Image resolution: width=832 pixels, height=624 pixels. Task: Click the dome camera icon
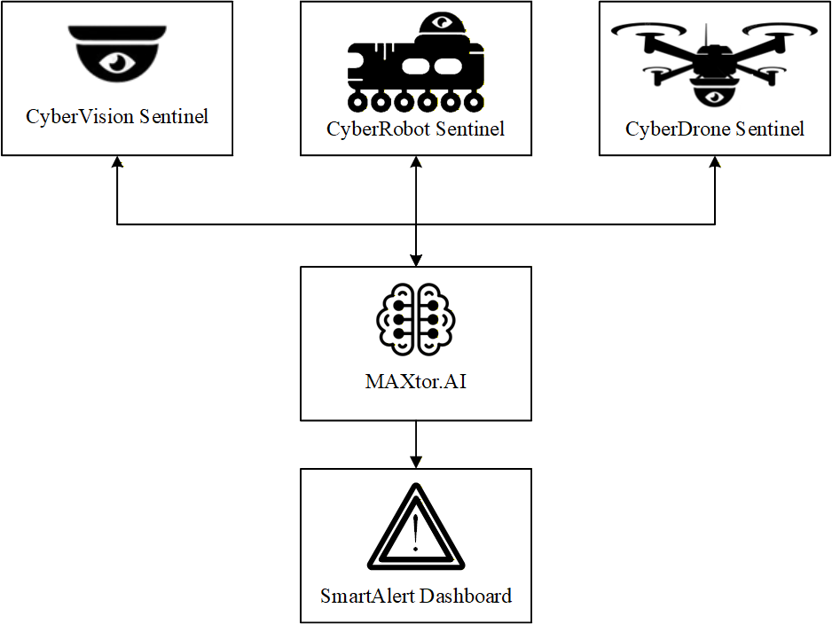[x=117, y=55]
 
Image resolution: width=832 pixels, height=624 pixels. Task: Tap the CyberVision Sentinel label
[x=117, y=116]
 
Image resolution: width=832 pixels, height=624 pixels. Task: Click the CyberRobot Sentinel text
[x=416, y=129]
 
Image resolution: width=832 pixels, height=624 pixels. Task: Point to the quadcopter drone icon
[x=715, y=60]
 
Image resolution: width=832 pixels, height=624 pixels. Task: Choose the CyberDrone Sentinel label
[x=715, y=129]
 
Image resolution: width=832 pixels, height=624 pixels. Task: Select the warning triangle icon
[x=416, y=529]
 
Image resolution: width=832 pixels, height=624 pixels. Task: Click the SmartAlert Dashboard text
[x=416, y=596]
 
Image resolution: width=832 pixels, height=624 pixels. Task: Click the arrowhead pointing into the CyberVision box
[x=117, y=164]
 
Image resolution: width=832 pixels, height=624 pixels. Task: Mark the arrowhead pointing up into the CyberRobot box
[x=416, y=164]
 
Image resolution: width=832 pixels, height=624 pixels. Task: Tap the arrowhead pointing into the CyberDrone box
[x=715, y=164]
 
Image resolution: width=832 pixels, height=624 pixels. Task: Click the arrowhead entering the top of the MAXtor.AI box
[x=416, y=258]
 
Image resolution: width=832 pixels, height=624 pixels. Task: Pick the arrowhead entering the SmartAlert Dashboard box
[x=416, y=460]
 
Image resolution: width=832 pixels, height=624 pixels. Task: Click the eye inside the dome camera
[x=117, y=61]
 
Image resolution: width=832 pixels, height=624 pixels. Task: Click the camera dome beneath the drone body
[x=715, y=93]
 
